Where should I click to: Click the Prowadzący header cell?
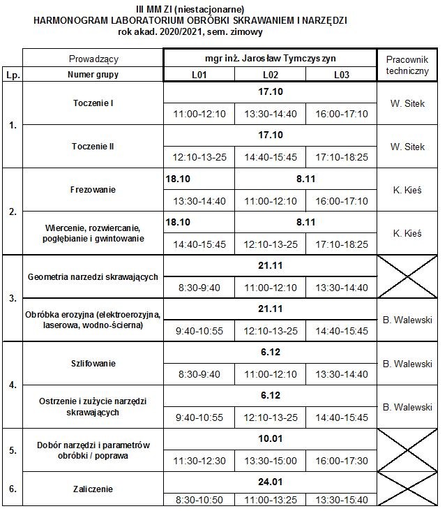(93, 59)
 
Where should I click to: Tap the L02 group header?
(270, 75)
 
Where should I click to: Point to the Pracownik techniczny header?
(407, 66)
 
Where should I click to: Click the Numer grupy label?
(93, 75)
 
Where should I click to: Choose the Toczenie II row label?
(93, 147)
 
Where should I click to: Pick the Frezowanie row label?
(93, 189)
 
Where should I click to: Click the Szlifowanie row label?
(93, 363)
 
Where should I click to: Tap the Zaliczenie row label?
(93, 489)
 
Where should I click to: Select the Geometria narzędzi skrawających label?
(93, 276)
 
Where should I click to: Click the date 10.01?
(270, 438)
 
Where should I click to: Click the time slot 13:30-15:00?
(270, 461)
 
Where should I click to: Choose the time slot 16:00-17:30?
(341, 461)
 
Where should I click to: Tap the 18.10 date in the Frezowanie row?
(178, 179)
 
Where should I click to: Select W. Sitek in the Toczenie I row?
(407, 103)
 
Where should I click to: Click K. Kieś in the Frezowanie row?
(407, 189)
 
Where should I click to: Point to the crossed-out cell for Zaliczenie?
(407, 489)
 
